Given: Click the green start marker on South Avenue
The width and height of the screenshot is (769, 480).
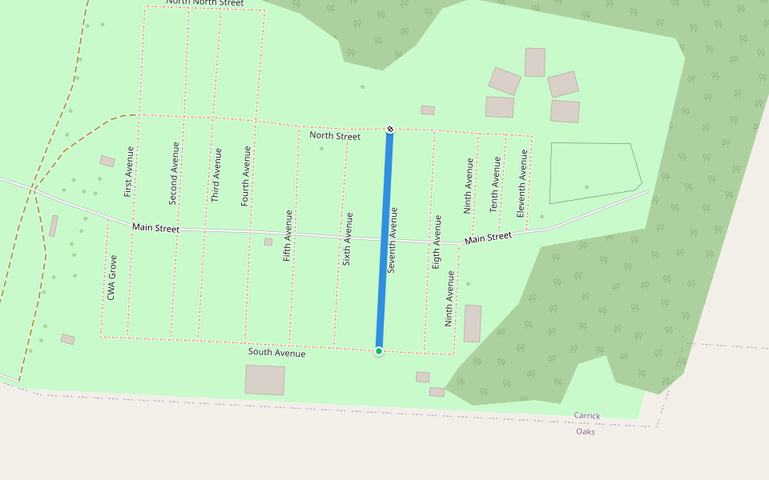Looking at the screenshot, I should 379,350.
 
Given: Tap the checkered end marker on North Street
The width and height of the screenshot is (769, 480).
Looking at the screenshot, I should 390,129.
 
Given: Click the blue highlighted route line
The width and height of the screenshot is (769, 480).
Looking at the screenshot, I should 384,240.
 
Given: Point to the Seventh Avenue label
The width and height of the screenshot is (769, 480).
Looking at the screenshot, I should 393,240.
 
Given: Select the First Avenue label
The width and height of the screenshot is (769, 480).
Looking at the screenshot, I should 129,171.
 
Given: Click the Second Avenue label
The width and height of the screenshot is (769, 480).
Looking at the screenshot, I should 174,172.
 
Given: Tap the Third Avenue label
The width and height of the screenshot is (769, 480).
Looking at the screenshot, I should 216,174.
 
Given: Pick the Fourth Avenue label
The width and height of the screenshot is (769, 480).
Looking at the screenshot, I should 246,176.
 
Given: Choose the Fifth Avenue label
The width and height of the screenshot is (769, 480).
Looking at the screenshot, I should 288,236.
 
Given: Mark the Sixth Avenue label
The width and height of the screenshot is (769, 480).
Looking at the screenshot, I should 348,238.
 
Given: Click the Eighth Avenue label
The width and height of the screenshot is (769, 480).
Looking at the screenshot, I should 437,241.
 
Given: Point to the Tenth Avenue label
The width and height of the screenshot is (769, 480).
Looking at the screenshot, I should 495,184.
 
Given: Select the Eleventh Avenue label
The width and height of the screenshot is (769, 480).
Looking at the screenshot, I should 521,183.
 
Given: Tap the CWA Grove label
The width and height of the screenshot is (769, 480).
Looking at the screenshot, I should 112,278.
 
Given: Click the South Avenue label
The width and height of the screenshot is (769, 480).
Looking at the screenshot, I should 276,353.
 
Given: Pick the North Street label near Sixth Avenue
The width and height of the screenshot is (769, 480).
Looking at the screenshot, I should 335,136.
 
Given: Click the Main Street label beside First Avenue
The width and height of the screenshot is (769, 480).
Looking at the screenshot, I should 155,228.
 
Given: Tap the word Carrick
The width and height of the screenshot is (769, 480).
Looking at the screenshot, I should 586,416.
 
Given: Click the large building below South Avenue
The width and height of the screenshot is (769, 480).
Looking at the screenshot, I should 265,379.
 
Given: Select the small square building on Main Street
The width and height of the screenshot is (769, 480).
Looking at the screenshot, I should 268,242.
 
